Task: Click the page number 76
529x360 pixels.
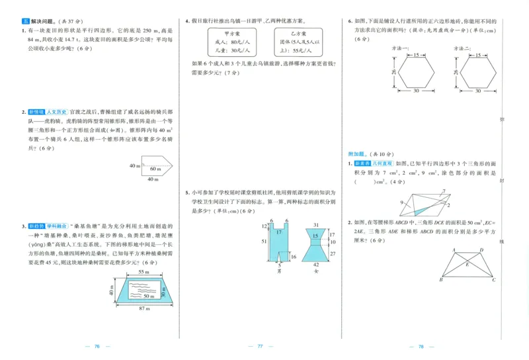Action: [97, 346]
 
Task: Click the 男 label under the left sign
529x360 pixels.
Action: [279, 271]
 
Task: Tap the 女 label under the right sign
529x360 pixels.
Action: [316, 271]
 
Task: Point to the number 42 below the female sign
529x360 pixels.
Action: [316, 264]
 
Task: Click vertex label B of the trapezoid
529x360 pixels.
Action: [440, 280]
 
